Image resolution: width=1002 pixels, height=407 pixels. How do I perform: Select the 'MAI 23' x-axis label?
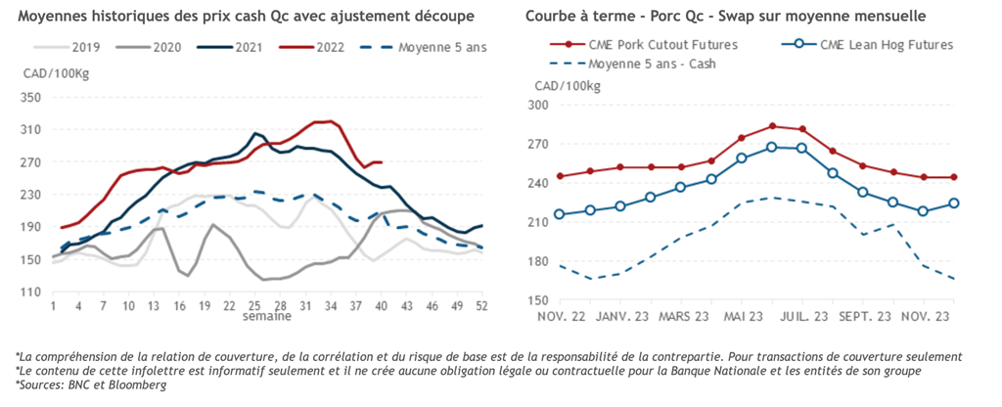coord(744,316)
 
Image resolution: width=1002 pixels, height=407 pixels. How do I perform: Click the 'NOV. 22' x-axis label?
coord(561,316)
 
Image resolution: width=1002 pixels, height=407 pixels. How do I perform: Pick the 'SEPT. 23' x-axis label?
coord(866,316)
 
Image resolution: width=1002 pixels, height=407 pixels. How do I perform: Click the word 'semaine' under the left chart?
coord(265,318)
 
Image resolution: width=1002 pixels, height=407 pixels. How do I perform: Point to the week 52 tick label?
coord(481,306)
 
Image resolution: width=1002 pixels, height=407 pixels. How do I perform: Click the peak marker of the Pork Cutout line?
coord(772,126)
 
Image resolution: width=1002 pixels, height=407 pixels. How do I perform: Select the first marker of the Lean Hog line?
coord(560,214)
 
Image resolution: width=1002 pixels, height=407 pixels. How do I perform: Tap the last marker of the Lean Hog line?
coord(954,203)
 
